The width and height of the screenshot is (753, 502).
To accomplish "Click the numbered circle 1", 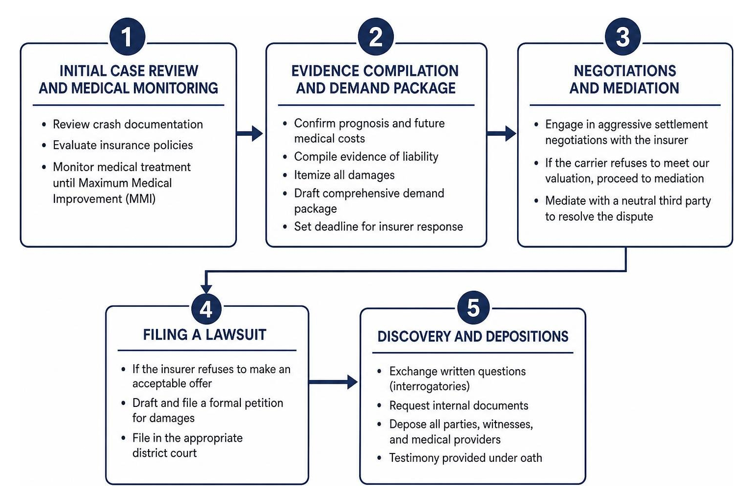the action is pos(128,36).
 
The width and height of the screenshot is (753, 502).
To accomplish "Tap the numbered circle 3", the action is pos(623,36).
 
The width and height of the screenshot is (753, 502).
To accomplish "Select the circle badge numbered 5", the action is pos(473,307).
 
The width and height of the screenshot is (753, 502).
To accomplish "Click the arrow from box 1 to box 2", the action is pos(249,133).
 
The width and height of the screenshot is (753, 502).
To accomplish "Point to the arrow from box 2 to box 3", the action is pos(501,133).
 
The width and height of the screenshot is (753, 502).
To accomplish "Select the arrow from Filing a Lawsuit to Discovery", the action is pos(333,382).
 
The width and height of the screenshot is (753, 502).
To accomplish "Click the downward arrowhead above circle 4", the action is pos(206,288).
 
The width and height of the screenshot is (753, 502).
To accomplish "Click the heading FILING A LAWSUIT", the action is pos(205,335).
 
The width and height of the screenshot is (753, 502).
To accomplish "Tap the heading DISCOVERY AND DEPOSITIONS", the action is pos(472,337).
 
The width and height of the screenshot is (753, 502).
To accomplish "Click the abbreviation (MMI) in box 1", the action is pos(140,199).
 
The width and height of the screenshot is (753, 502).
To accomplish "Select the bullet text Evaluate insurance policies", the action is pos(123,145).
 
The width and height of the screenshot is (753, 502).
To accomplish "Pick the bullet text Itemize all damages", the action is pos(344,175).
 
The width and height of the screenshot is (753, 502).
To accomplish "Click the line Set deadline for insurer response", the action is pos(379,226).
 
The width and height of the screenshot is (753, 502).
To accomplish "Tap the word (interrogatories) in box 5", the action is pos(429,386).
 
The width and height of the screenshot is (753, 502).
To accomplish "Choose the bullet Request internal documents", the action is pos(459,405).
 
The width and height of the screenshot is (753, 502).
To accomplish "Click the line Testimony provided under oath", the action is pos(466,458).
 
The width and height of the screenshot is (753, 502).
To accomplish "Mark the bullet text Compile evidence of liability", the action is pos(366,156).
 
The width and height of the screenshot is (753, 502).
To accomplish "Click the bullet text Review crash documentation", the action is pos(128,125).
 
